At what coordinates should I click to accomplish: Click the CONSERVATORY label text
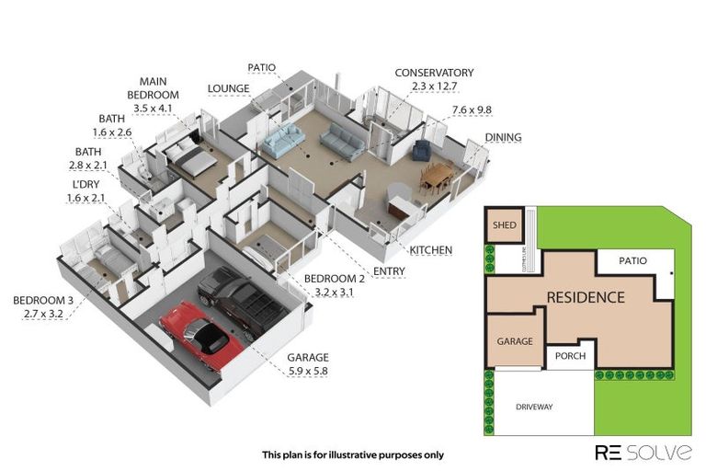point(434,73)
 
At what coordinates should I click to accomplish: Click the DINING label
point(503,138)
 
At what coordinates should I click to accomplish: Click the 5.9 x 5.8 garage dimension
point(306,371)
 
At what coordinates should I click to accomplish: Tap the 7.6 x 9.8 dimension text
point(472,110)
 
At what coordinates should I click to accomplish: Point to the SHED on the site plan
point(503,227)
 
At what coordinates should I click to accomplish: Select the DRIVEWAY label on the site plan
point(534,406)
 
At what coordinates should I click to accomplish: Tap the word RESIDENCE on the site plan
point(586,297)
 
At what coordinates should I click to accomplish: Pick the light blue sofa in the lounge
point(282,142)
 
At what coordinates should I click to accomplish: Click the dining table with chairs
point(437,174)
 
